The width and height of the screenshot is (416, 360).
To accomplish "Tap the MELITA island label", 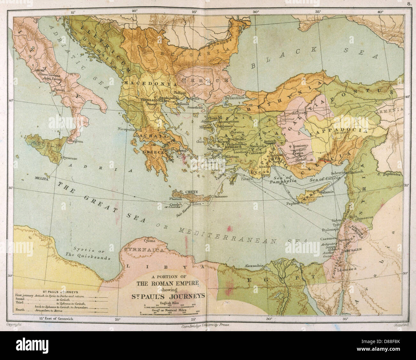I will (x=42, y=180).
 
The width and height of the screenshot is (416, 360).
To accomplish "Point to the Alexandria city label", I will (x=254, y=266).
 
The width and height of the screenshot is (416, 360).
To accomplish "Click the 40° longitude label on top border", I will (x=380, y=12).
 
